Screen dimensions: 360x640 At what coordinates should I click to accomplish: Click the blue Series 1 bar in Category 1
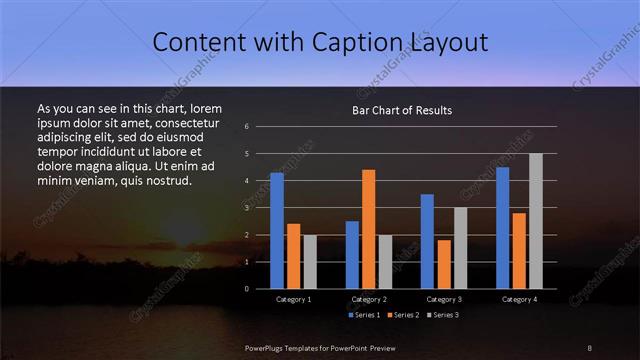277,231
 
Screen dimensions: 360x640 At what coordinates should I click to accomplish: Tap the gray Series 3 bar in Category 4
536,221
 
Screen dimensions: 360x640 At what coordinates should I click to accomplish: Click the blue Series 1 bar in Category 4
502,228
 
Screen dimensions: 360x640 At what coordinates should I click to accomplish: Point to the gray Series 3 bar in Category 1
310,262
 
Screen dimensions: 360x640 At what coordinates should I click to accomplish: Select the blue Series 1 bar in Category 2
352,255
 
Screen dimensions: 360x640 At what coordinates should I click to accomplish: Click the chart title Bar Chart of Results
403,110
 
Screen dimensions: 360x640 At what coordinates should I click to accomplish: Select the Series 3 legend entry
441,315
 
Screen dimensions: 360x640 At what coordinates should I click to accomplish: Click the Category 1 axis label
293,299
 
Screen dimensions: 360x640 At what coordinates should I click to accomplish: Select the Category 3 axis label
444,299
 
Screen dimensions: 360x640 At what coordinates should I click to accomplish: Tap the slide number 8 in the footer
590,347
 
